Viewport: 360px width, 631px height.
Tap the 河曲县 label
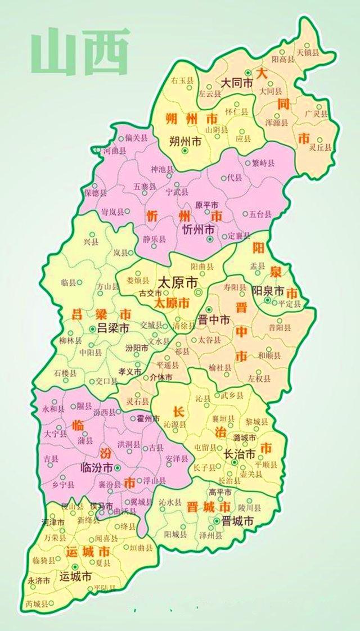pyautogui.click(x=115, y=151)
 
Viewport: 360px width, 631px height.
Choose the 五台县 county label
pyautogui.click(x=260, y=214)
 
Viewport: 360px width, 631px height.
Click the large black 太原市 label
pyautogui.click(x=178, y=281)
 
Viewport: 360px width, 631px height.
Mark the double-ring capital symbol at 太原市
pyautogui.click(x=197, y=293)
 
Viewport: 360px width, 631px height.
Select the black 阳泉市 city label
pyautogui.click(x=268, y=291)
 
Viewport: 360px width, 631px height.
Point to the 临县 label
pyautogui.click(x=68, y=282)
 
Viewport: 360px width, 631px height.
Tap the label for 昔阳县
pyautogui.click(x=280, y=327)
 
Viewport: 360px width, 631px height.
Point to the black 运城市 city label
pyautogui.click(x=75, y=576)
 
